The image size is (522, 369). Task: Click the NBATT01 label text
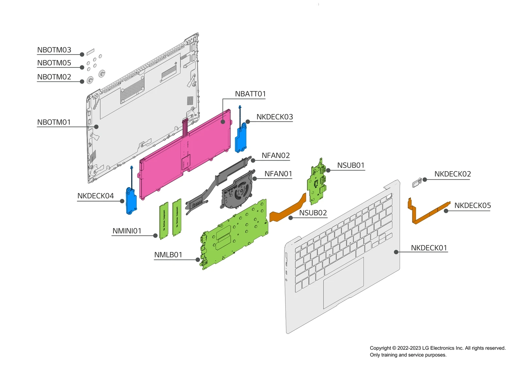click(x=250, y=94)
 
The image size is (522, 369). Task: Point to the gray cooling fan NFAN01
click(x=238, y=192)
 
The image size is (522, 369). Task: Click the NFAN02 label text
click(x=275, y=156)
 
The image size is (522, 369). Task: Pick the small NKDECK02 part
click(x=417, y=183)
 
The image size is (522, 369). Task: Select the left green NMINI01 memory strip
click(x=164, y=221)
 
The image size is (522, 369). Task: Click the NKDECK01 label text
click(x=429, y=248)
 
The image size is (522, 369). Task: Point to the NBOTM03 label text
click(x=54, y=50)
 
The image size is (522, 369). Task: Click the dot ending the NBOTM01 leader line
click(x=96, y=127)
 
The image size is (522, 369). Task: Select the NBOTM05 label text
click(x=54, y=63)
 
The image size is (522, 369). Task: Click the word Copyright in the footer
click(x=380, y=348)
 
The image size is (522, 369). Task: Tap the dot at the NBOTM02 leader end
click(x=82, y=82)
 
